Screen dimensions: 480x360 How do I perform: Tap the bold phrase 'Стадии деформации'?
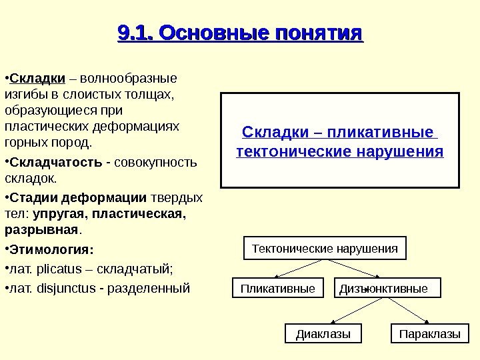tap(56, 199)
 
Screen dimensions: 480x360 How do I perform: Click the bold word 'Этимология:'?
tap(51, 251)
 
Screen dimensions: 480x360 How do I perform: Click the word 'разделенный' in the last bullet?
tap(151, 289)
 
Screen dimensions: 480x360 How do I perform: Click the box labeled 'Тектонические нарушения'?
tap(325, 249)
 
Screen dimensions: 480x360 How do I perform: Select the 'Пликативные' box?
tap(278, 289)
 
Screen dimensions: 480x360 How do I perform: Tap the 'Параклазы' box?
tap(429, 334)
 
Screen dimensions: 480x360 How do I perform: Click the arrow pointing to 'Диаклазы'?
tap(348, 312)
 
